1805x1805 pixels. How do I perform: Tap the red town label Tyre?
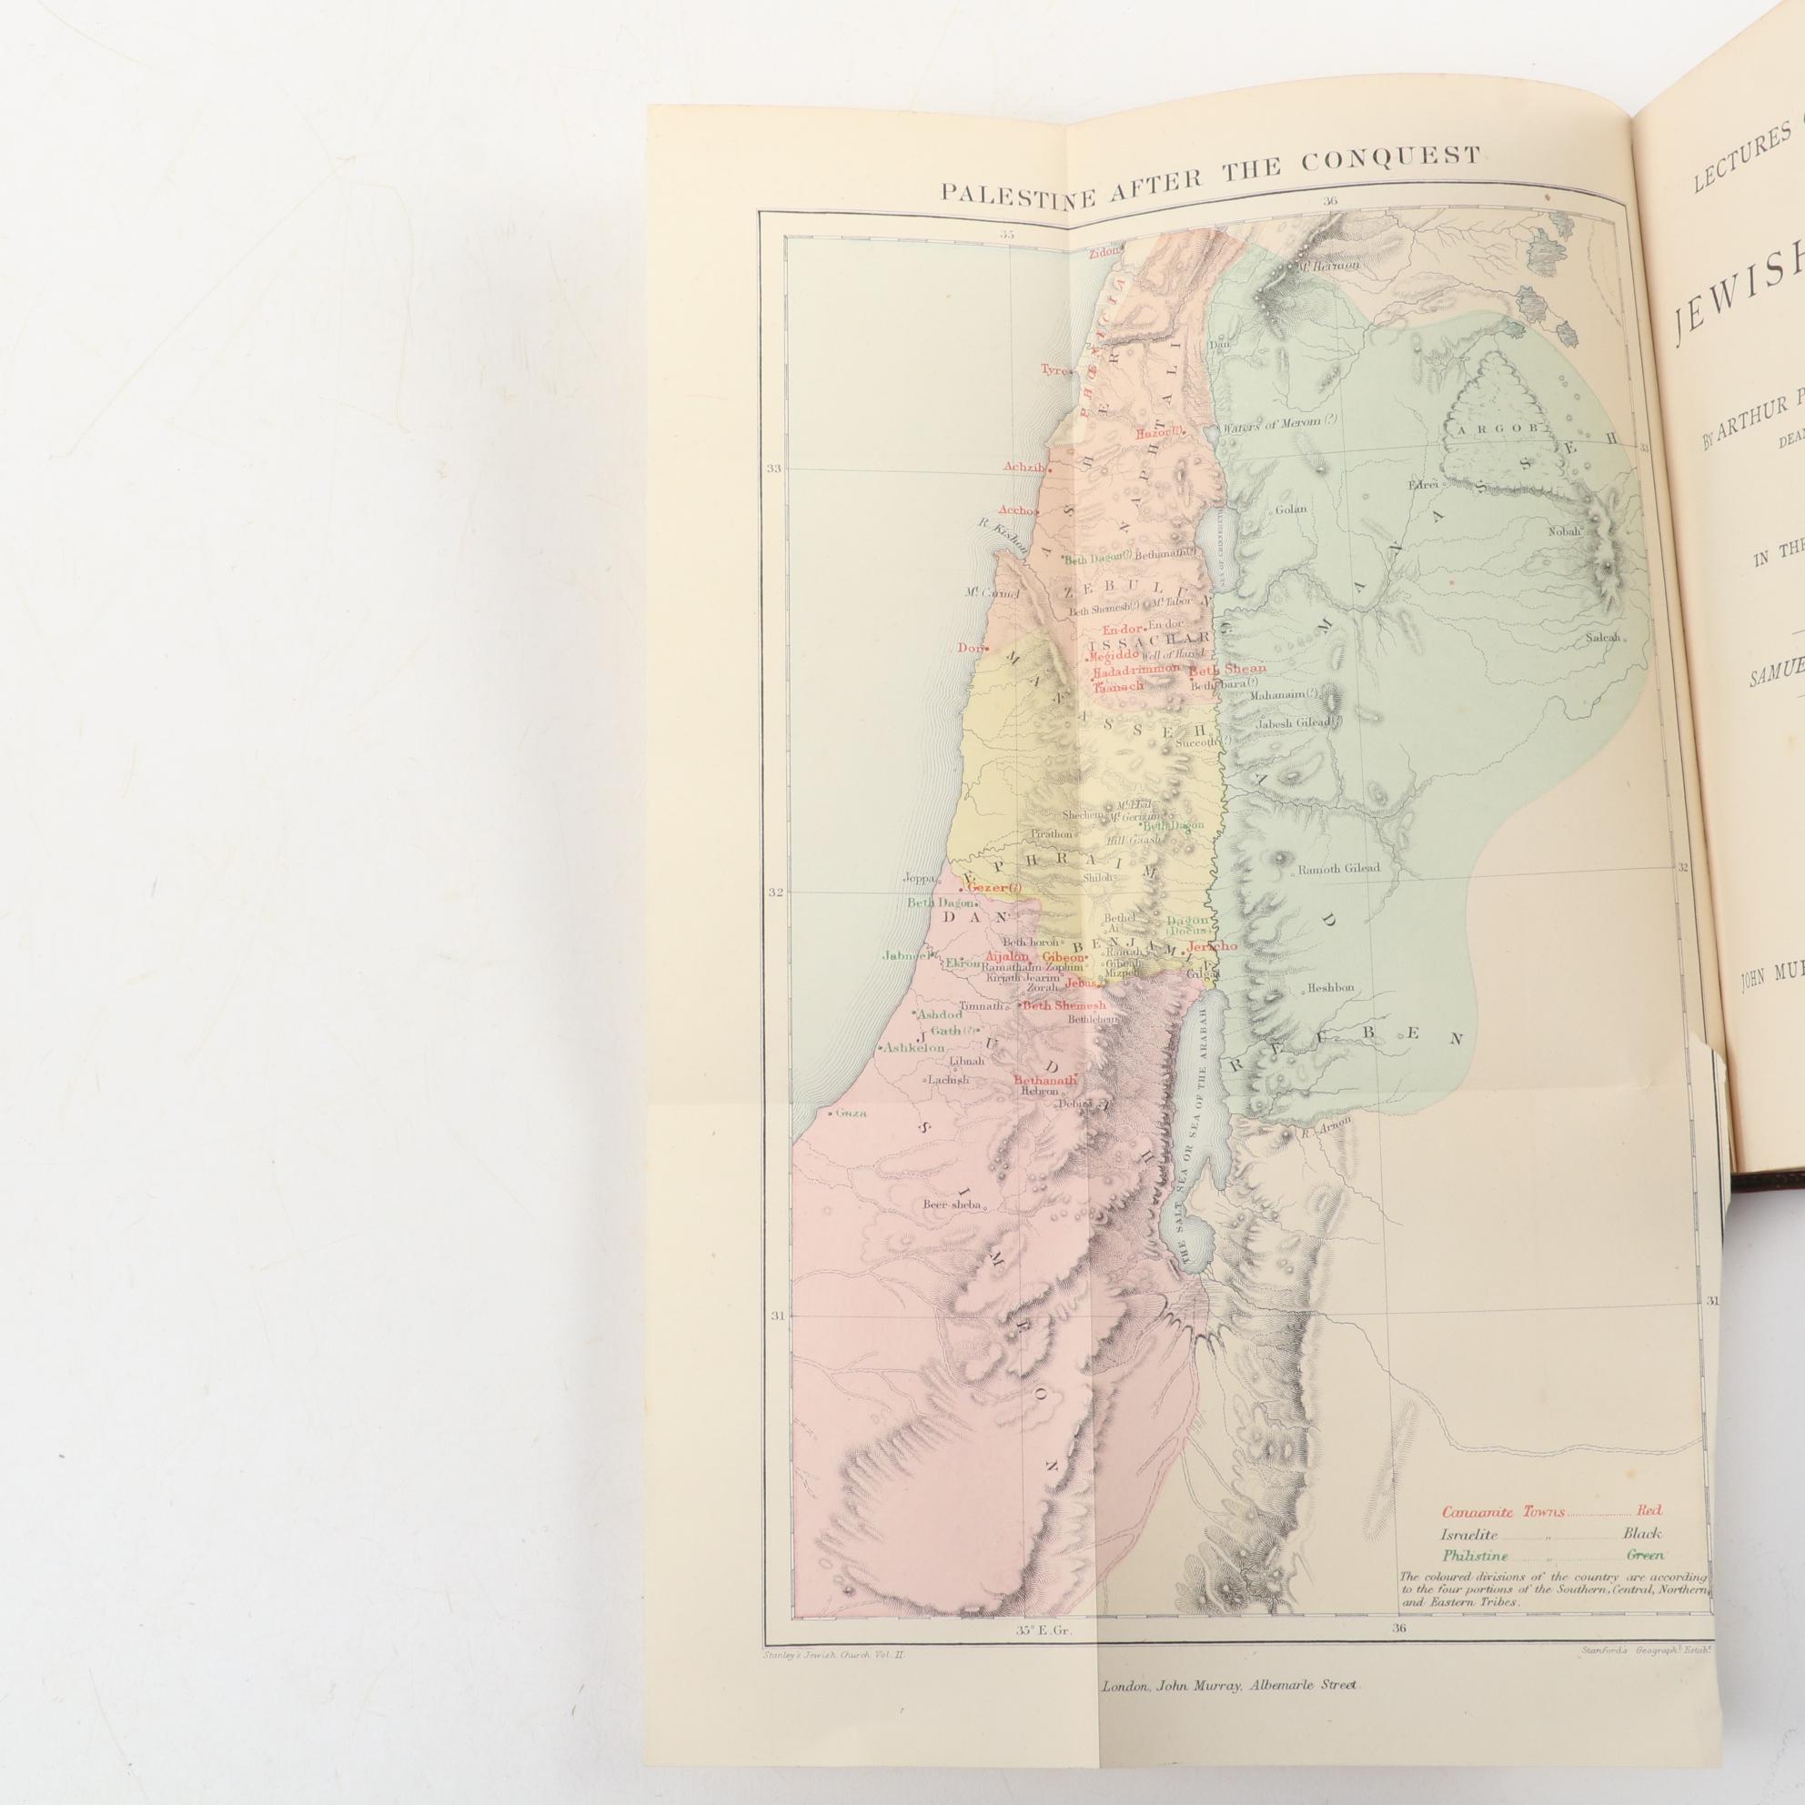[1054, 370]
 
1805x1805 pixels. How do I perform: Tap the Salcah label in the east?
[1605, 638]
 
